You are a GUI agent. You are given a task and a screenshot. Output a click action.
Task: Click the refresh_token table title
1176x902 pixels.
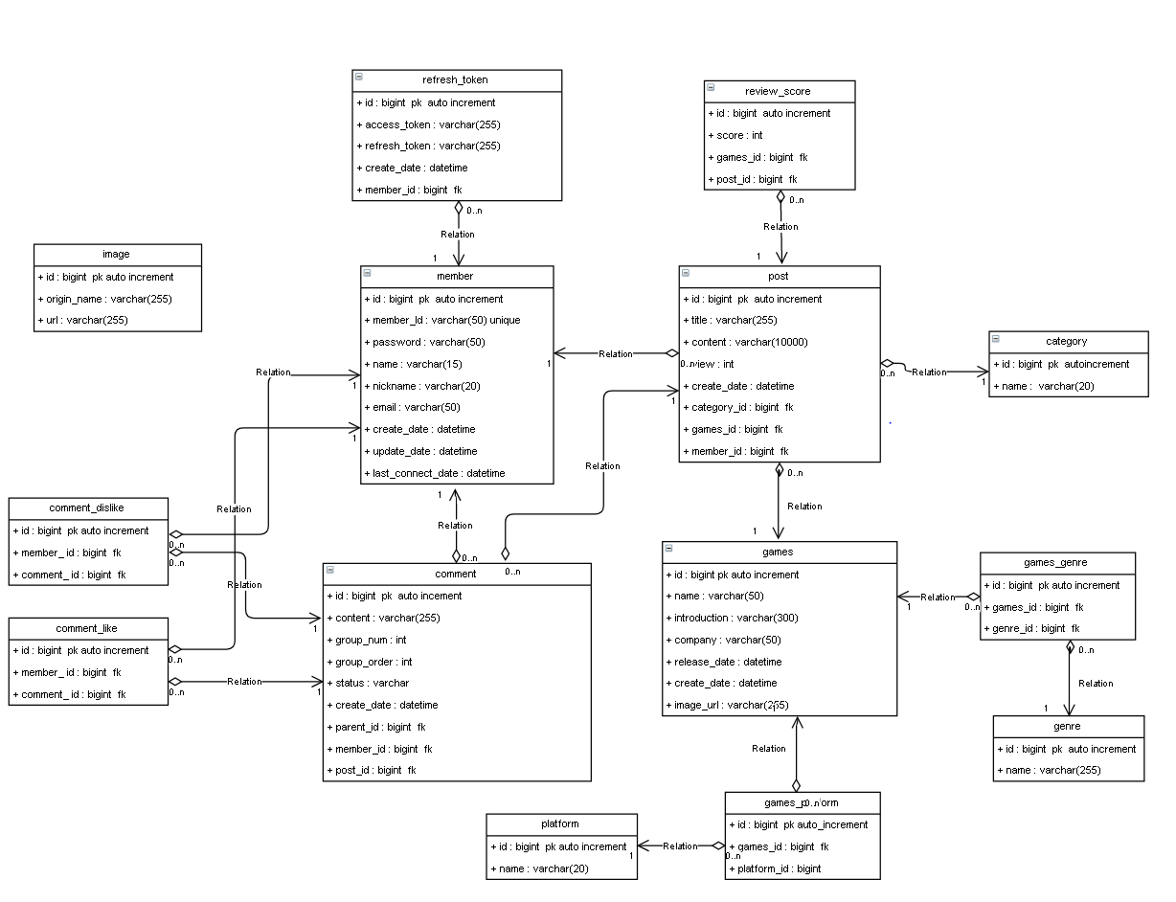pos(455,80)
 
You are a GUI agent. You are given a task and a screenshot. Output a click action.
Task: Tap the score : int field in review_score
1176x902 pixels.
pos(735,135)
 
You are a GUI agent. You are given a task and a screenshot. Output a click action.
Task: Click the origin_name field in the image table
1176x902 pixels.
pos(105,299)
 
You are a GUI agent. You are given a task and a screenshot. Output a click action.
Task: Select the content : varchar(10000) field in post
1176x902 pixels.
pos(745,342)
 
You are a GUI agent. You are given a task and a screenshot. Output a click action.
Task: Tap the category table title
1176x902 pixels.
pos(1066,342)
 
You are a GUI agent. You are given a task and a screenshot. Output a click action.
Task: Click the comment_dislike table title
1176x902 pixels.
pos(87,508)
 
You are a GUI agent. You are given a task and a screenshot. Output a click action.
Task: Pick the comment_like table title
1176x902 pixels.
pos(87,628)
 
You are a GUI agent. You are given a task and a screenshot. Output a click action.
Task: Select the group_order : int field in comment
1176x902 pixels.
pos(373,662)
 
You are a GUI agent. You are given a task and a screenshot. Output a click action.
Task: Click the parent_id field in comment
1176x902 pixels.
pos(379,727)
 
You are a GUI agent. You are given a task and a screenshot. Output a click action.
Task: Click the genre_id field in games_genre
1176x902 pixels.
pos(1035,628)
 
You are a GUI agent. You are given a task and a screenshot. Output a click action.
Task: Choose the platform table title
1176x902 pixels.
pos(560,823)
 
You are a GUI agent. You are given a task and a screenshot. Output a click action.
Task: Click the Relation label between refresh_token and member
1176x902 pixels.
pos(458,234)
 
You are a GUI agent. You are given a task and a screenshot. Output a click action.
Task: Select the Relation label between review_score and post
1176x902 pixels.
pos(780,227)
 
